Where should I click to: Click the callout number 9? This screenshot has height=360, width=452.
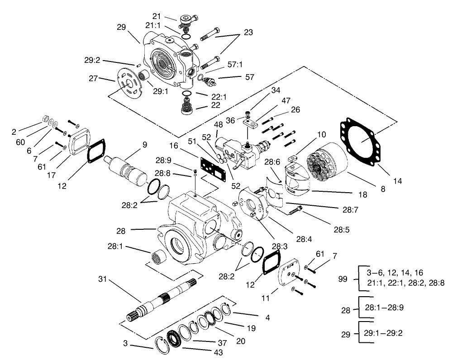click(x=144, y=145)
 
